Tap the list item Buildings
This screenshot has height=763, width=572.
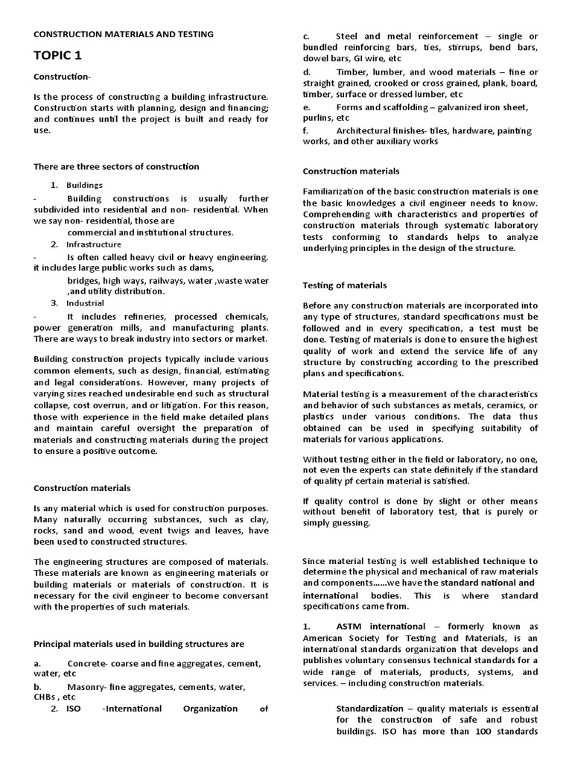coord(84,185)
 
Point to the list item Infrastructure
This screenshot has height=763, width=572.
coord(93,244)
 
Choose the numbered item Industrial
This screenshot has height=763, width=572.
coord(85,303)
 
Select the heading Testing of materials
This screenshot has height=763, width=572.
coord(345,285)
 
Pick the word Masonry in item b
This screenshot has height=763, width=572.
coord(86,687)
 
